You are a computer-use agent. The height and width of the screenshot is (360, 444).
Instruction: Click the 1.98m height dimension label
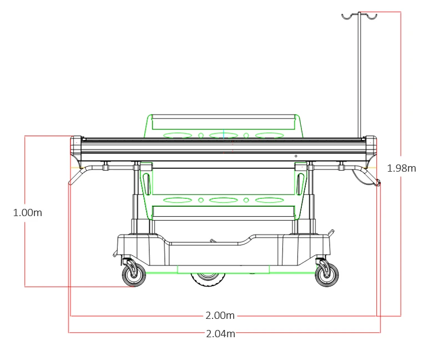401,168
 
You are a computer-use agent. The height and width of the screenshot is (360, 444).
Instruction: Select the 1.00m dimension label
27,213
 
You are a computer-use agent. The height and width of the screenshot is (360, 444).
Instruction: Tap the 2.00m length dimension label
220,316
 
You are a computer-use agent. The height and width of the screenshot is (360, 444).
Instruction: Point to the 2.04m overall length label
220,334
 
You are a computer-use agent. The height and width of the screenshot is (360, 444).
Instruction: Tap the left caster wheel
134,274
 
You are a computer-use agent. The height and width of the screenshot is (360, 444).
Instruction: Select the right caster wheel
327,274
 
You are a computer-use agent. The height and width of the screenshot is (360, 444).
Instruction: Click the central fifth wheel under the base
208,280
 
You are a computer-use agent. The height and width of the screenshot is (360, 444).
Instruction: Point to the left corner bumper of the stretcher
76,146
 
